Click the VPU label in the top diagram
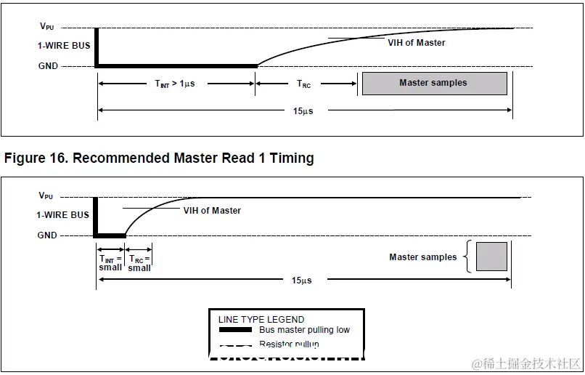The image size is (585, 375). pos(46,27)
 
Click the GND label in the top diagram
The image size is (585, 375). pos(48,66)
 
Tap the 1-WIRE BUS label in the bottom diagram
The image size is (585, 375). pos(63,215)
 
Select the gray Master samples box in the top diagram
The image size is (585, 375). pos(434,83)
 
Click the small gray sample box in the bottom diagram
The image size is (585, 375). pos(491,257)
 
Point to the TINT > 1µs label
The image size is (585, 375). pos(175,84)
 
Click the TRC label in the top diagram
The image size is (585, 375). pos(303,84)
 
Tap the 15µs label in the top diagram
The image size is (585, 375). pos(304,110)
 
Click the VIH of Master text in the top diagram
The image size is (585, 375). pos(416,43)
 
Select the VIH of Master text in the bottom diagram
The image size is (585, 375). pos(211,211)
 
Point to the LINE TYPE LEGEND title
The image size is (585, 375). pos(261,319)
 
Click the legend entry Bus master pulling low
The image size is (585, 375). pos(304,330)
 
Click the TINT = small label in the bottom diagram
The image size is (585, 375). pos(110,262)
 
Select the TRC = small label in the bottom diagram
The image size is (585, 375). pos(139,263)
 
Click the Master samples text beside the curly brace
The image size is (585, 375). pos(422,257)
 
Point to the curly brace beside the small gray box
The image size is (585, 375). pos(468,257)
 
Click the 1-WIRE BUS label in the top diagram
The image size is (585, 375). pos(63,46)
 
